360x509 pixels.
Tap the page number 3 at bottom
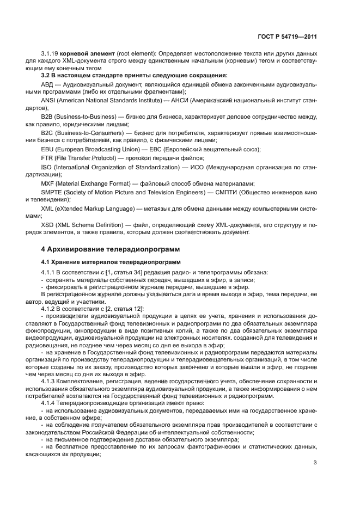tap(315, 463)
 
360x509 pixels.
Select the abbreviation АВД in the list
tap(48, 85)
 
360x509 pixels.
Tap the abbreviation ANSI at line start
tap(48, 101)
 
